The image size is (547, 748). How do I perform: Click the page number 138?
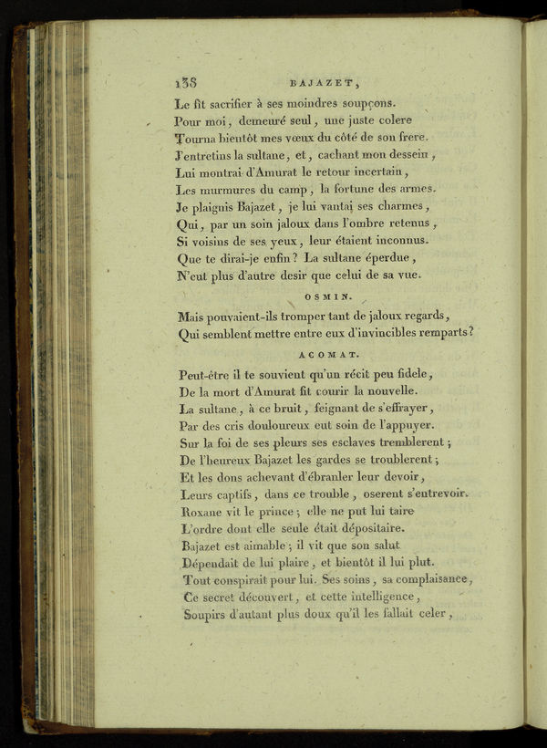tap(185, 80)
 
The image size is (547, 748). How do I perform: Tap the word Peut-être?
tap(212, 374)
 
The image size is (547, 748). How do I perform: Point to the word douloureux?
tap(260, 425)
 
